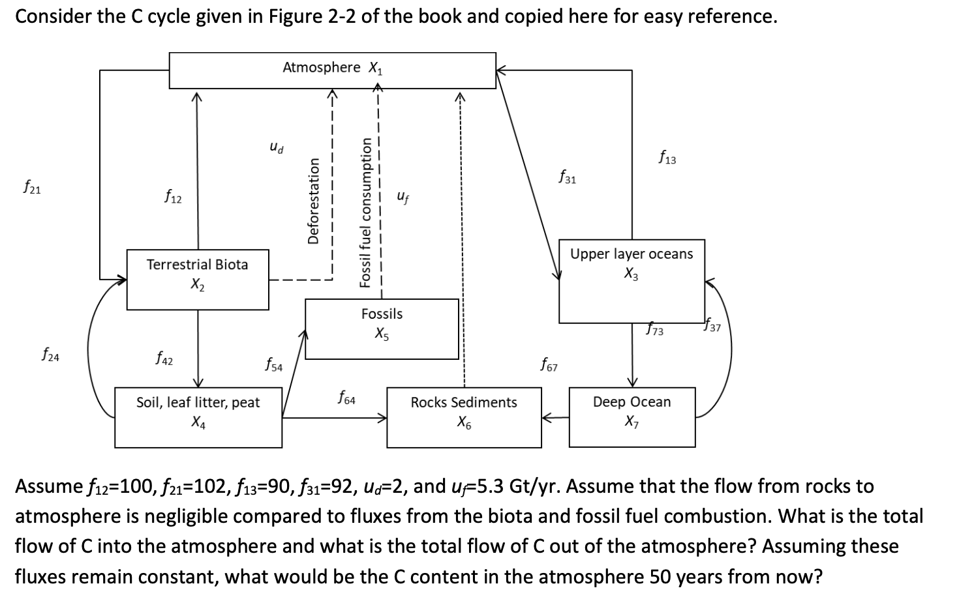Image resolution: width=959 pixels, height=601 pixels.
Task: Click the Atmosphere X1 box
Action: (x=332, y=70)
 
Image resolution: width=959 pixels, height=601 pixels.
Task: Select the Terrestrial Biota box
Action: (x=197, y=279)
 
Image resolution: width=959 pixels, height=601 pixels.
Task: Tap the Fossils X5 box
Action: (x=382, y=328)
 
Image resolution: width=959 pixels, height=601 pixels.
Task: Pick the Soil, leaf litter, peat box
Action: (x=198, y=417)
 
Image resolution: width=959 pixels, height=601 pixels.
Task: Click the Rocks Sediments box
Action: (x=464, y=417)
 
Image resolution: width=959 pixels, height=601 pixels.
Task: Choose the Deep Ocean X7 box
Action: (x=632, y=417)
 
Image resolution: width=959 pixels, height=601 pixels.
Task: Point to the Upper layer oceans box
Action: (x=632, y=280)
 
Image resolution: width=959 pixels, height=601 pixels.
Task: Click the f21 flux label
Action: (x=31, y=188)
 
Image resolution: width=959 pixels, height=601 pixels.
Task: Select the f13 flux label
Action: (x=667, y=157)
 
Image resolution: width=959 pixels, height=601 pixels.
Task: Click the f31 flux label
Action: (x=567, y=177)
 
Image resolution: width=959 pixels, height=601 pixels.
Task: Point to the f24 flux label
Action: (x=50, y=356)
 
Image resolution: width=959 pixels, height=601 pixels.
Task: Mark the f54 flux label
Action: (x=273, y=364)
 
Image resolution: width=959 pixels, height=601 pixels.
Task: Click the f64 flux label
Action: (x=346, y=397)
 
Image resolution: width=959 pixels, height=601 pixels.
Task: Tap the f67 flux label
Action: (x=549, y=364)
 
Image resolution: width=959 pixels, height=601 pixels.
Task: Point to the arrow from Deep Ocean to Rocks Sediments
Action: (x=555, y=417)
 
